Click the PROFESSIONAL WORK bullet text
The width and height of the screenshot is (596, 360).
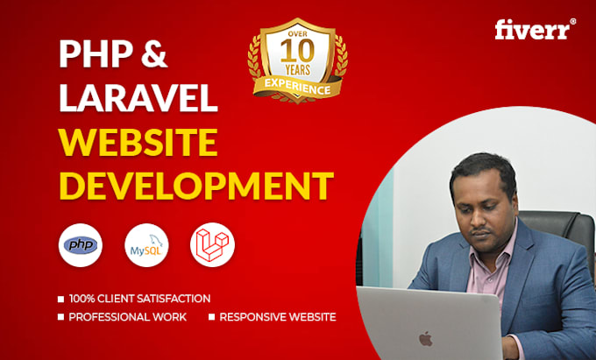coord(128,317)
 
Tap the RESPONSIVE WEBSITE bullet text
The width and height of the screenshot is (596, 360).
coord(278,317)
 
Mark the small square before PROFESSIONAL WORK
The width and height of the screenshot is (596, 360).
coord(61,317)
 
